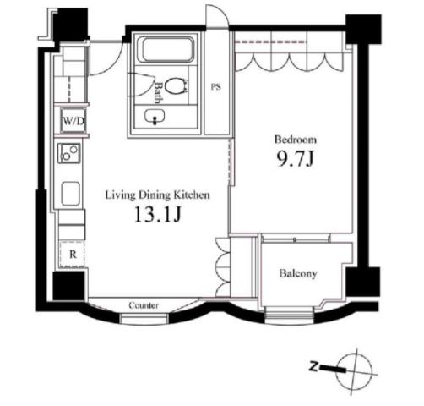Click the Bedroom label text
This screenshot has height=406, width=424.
click(x=296, y=140)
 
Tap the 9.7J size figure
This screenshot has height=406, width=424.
click(x=295, y=159)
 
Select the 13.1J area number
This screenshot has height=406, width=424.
click(x=157, y=214)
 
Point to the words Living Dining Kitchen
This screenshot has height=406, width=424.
click(x=157, y=195)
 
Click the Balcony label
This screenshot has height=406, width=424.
click(x=298, y=273)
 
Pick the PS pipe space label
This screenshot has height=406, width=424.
click(x=216, y=87)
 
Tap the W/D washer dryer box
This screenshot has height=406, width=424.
click(x=73, y=121)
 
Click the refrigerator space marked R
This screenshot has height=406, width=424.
click(x=73, y=255)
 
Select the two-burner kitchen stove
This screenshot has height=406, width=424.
click(x=69, y=153)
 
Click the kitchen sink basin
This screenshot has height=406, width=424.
click(x=71, y=194)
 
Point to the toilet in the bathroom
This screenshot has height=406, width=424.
click(x=176, y=85)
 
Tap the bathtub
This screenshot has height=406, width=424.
click(x=168, y=50)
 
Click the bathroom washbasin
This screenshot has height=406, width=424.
click(x=155, y=117)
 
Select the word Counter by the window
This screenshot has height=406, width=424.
click(x=144, y=305)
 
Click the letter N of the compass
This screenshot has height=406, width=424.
click(x=313, y=367)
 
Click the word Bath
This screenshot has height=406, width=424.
click(x=158, y=93)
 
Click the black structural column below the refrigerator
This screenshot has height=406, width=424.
click(x=68, y=286)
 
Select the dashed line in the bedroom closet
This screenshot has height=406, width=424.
click(x=271, y=42)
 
